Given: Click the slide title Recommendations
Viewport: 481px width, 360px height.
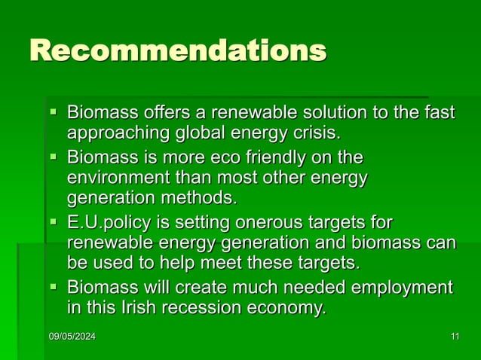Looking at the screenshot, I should (x=178, y=50).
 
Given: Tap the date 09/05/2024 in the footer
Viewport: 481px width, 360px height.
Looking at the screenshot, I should (x=72, y=336).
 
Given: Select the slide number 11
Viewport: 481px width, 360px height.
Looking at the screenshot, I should (x=454, y=336).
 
